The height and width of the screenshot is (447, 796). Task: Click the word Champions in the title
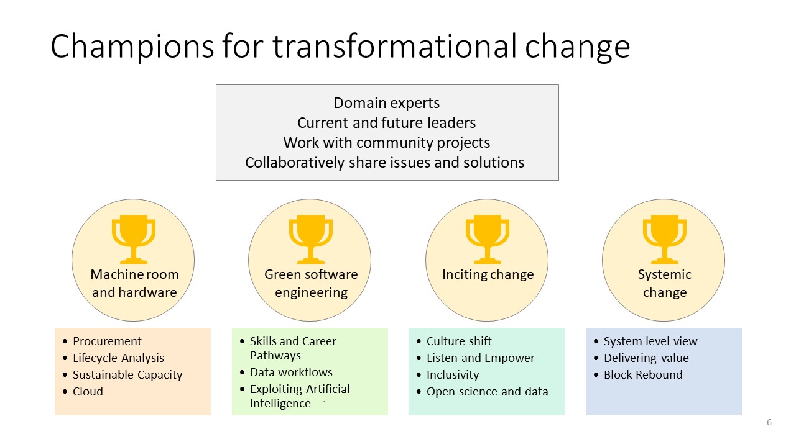coord(132,47)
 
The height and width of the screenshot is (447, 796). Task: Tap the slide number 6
coord(769,422)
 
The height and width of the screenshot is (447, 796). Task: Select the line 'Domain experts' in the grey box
coord(387,103)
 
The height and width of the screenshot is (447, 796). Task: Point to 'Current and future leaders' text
coord(387,123)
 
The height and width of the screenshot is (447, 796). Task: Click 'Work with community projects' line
coord(387,143)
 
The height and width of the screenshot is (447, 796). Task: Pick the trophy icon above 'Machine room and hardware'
coord(133,240)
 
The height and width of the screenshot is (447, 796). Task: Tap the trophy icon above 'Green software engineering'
coord(310,240)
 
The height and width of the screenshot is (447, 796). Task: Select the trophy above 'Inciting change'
coord(487,240)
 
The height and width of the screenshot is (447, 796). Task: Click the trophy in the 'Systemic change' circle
coord(664,240)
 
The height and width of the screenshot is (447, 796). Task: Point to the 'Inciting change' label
coord(488,274)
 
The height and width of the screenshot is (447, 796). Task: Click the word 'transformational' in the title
coord(394,47)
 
